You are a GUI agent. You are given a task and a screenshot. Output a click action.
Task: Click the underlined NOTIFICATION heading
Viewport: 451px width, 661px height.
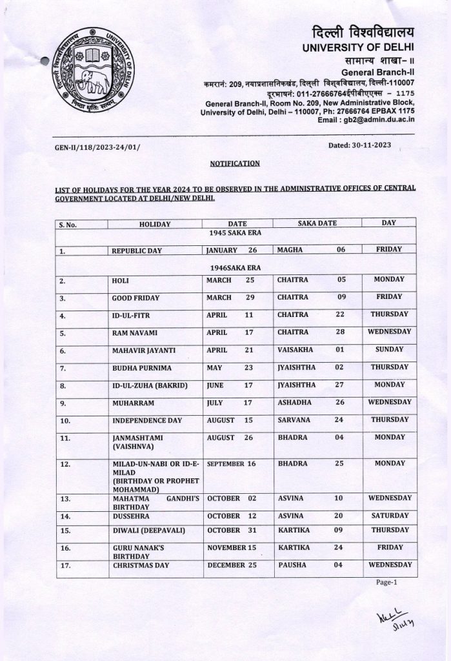point(235,164)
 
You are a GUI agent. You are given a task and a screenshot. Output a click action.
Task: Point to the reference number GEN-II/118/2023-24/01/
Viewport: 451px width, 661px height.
point(97,149)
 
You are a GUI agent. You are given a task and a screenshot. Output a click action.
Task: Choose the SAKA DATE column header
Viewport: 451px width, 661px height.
point(317,223)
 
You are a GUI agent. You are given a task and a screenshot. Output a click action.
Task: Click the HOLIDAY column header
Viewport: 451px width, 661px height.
point(154,223)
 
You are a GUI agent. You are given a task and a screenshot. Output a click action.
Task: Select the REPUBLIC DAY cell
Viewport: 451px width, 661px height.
point(138,250)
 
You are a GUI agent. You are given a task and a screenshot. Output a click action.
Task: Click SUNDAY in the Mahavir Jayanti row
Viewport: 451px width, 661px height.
point(388,349)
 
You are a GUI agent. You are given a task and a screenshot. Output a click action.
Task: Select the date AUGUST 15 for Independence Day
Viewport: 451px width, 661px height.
point(230,420)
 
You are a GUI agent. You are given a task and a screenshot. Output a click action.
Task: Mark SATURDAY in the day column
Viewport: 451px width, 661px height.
point(388,516)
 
